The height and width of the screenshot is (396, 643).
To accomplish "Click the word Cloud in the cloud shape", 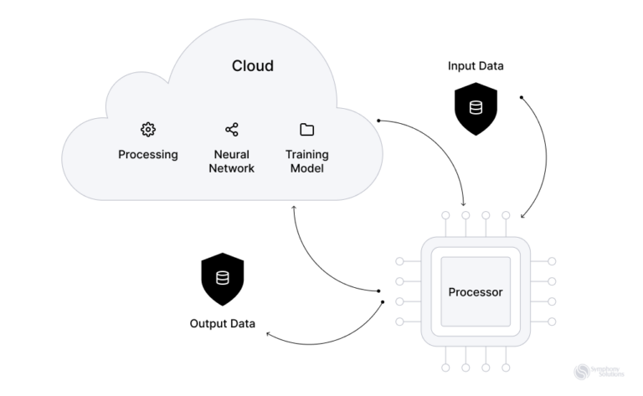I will [x=252, y=66].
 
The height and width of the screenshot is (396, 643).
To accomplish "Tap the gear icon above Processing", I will [x=148, y=129].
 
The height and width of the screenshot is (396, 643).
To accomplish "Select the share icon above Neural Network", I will [x=232, y=129].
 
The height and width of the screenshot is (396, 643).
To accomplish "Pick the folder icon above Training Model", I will [x=306, y=129].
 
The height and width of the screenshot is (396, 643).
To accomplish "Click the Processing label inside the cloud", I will [x=148, y=155].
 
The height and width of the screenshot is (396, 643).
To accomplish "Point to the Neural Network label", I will [x=232, y=162].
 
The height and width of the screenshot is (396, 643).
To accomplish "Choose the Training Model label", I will [x=306, y=162].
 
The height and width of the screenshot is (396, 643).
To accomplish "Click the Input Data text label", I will [x=475, y=66].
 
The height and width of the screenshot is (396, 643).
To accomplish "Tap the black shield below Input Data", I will [x=475, y=109].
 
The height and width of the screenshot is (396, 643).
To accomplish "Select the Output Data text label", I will [x=223, y=323].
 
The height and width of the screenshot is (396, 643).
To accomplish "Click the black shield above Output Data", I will [x=223, y=280].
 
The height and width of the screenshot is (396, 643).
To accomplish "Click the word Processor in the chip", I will [x=476, y=292].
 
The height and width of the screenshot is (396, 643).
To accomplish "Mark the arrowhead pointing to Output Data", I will [x=268, y=334].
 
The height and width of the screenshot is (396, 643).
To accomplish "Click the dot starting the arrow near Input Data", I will [x=522, y=98].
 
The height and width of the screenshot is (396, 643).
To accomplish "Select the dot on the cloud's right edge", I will [x=379, y=121].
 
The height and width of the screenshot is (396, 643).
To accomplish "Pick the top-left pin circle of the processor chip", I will [x=445, y=215].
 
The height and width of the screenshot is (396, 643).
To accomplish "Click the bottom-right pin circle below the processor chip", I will [x=506, y=368].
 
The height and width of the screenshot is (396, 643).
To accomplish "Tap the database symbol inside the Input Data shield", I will [x=475, y=108].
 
